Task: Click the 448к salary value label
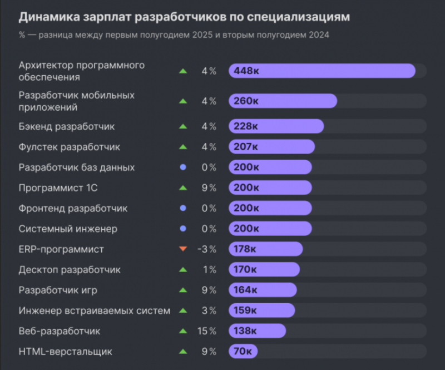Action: point(246,71)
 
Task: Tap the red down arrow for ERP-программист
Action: point(182,249)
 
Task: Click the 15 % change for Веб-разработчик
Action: point(206,331)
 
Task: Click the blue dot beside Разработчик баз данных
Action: point(182,167)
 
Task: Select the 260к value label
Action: point(246,101)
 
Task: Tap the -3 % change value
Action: point(206,249)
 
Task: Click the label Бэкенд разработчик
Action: point(67,126)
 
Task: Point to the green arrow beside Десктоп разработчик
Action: point(182,270)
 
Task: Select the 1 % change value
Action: point(209,270)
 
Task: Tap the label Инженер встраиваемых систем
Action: point(94,310)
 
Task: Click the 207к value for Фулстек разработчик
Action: point(246,147)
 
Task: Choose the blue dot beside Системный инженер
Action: point(182,229)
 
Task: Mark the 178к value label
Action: point(245,249)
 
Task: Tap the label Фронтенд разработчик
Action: point(73,209)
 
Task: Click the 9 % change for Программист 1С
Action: point(209,188)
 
